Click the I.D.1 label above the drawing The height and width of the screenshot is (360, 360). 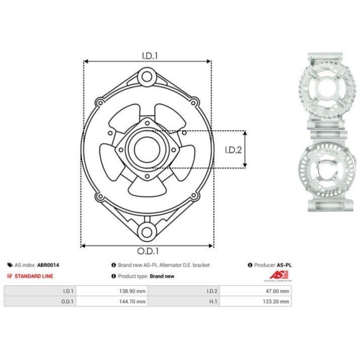[x=150, y=56]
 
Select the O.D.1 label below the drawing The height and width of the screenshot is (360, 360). [x=148, y=251]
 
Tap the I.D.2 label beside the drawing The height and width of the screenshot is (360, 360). [x=233, y=150]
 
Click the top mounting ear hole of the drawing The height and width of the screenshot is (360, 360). [x=147, y=77]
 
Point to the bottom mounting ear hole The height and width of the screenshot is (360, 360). [x=147, y=232]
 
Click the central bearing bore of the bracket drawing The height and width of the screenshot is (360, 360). [x=147, y=150]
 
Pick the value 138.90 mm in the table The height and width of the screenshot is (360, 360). [x=132, y=291]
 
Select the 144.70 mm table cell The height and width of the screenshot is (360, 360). [x=132, y=302]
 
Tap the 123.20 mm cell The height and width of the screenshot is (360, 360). [x=276, y=302]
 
